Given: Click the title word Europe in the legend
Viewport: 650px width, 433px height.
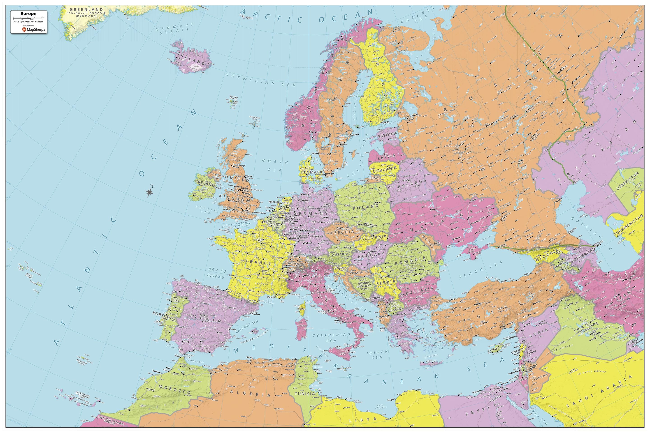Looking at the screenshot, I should point(28,14).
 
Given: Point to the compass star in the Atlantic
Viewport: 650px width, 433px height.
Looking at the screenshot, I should point(149,192).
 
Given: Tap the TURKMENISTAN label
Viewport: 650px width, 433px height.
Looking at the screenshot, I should point(628,226).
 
